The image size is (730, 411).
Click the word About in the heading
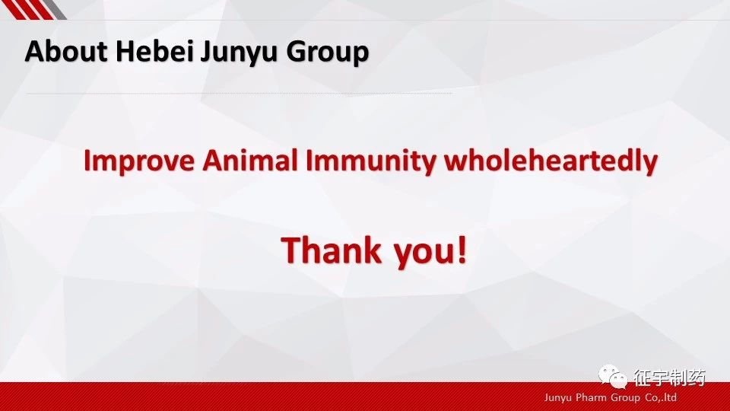(66, 51)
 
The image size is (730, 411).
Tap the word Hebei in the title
(154, 51)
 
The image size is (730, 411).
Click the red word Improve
(138, 161)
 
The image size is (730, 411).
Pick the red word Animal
(250, 161)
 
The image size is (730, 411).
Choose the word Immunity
(370, 161)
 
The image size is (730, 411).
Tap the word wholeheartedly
(551, 161)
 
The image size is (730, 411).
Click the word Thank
(331, 250)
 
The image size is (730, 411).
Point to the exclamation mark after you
(462, 250)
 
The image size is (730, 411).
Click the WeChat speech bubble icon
(612, 376)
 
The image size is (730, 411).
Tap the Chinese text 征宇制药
(669, 378)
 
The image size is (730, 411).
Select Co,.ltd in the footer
(661, 397)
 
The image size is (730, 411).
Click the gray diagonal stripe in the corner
(55, 9)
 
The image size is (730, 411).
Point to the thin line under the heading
(239, 93)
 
